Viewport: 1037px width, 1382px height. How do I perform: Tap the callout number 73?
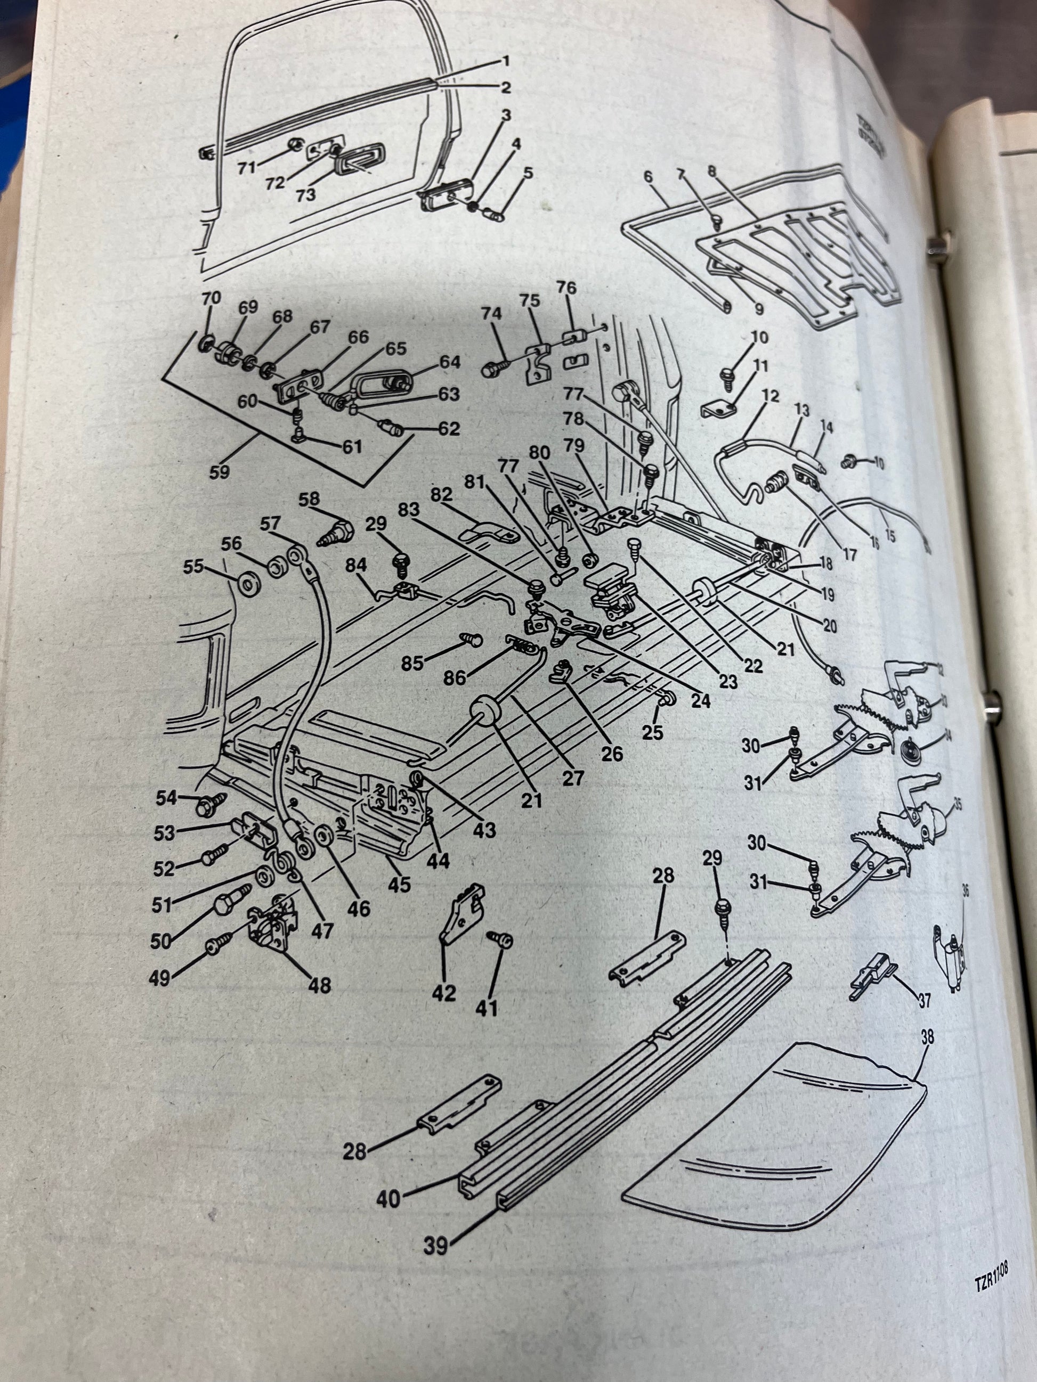306,195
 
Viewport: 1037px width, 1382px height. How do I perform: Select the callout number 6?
647,177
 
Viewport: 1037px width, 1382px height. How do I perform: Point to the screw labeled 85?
469,638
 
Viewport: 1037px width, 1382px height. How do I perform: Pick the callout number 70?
211,298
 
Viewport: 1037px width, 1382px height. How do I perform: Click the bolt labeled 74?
492,369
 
